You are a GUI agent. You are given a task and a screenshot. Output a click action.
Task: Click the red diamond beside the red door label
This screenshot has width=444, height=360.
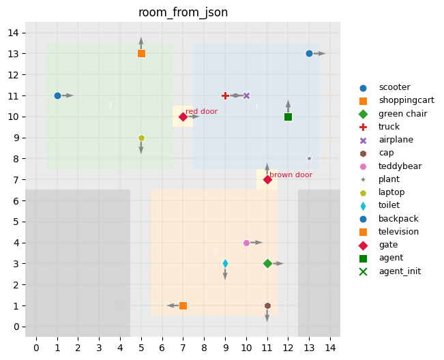click(183, 117)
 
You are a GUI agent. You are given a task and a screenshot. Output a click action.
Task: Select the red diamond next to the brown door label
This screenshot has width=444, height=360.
click(267, 179)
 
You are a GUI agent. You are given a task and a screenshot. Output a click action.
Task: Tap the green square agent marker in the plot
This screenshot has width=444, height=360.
click(288, 117)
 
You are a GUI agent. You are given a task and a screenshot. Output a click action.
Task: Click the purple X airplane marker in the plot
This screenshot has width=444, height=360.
click(246, 95)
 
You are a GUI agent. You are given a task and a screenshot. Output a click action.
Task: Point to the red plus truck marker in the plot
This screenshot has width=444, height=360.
click(225, 95)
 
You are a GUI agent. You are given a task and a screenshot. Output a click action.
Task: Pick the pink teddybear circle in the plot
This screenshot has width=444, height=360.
click(246, 243)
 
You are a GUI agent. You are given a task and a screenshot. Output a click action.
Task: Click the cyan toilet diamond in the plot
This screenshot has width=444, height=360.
click(225, 263)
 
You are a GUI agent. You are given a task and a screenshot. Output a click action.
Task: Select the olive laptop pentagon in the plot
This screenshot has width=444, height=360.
click(141, 138)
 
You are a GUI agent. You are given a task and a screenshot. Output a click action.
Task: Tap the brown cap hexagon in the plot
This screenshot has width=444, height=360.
click(267, 305)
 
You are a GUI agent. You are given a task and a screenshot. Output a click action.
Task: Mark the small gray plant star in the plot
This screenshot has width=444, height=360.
click(309, 158)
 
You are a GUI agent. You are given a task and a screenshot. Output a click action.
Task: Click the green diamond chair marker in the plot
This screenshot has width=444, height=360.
click(267, 263)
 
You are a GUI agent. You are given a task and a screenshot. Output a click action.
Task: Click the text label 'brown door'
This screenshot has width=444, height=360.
click(291, 175)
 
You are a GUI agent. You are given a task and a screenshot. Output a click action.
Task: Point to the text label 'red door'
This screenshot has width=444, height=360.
click(201, 111)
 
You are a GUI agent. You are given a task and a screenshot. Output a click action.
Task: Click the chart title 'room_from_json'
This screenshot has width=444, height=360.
click(183, 12)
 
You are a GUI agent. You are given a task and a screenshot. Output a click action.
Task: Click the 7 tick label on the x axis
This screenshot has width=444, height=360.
click(183, 349)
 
